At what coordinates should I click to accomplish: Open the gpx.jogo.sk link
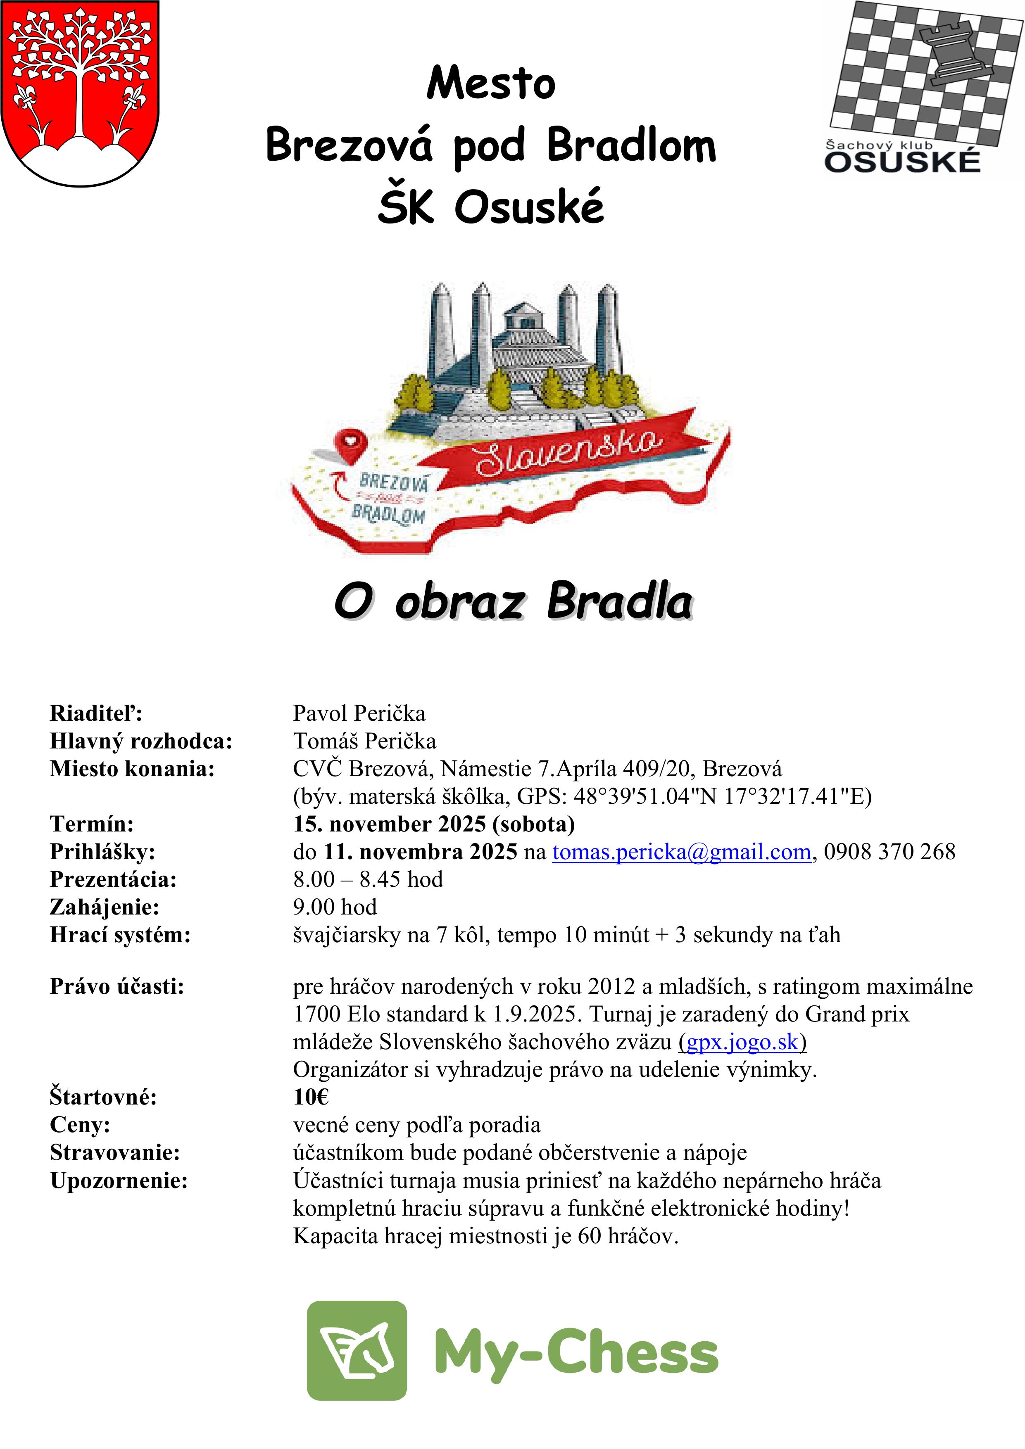coord(742,1042)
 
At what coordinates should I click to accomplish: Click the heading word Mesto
coord(491,83)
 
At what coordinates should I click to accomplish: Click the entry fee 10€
coord(311,1097)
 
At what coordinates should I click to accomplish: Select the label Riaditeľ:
coord(96,713)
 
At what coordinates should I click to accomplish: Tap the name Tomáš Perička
coord(364,741)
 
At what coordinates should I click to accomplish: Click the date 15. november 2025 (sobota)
coord(434,824)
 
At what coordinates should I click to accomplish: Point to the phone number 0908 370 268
coord(889,852)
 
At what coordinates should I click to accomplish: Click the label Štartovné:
coord(103,1097)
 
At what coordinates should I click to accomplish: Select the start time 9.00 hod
coord(335,907)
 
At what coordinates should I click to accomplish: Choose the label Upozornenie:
coord(119,1180)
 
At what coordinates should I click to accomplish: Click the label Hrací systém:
coord(120,935)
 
